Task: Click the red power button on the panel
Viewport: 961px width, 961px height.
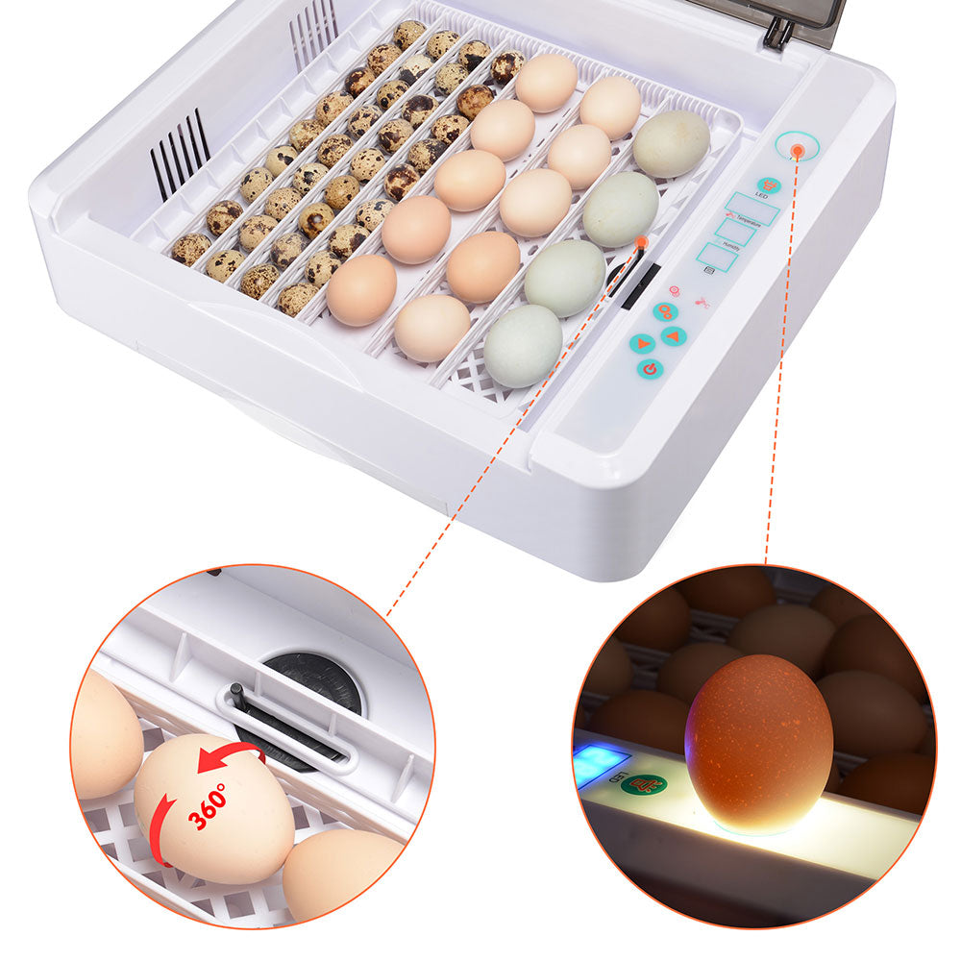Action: [651, 368]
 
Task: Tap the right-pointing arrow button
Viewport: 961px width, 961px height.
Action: [641, 343]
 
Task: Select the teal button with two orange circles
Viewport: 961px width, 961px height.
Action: [665, 311]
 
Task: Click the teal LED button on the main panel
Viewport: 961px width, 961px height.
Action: [768, 185]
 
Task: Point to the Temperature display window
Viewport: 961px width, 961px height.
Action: [752, 209]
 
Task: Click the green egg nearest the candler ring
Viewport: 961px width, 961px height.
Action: [671, 143]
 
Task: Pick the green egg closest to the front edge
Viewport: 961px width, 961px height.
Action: [522, 345]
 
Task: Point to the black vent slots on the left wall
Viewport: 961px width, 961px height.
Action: [180, 154]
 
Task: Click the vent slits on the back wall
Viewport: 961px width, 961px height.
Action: [313, 32]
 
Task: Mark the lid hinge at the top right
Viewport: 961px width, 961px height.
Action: [778, 34]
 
